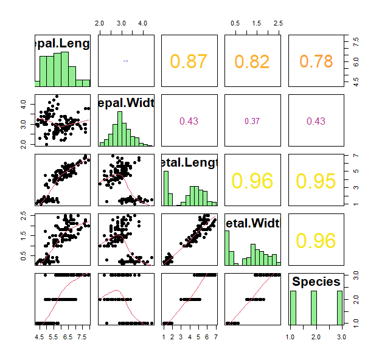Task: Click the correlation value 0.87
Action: click(x=189, y=61)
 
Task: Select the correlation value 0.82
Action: click(x=252, y=61)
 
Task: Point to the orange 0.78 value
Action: click(x=316, y=61)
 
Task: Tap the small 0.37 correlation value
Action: click(x=252, y=121)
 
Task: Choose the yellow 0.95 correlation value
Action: click(x=316, y=181)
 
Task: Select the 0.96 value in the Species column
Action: click(x=316, y=241)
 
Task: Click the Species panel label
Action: click(x=316, y=282)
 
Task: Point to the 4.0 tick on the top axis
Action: click(x=142, y=22)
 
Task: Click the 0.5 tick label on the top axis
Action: click(x=234, y=22)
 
